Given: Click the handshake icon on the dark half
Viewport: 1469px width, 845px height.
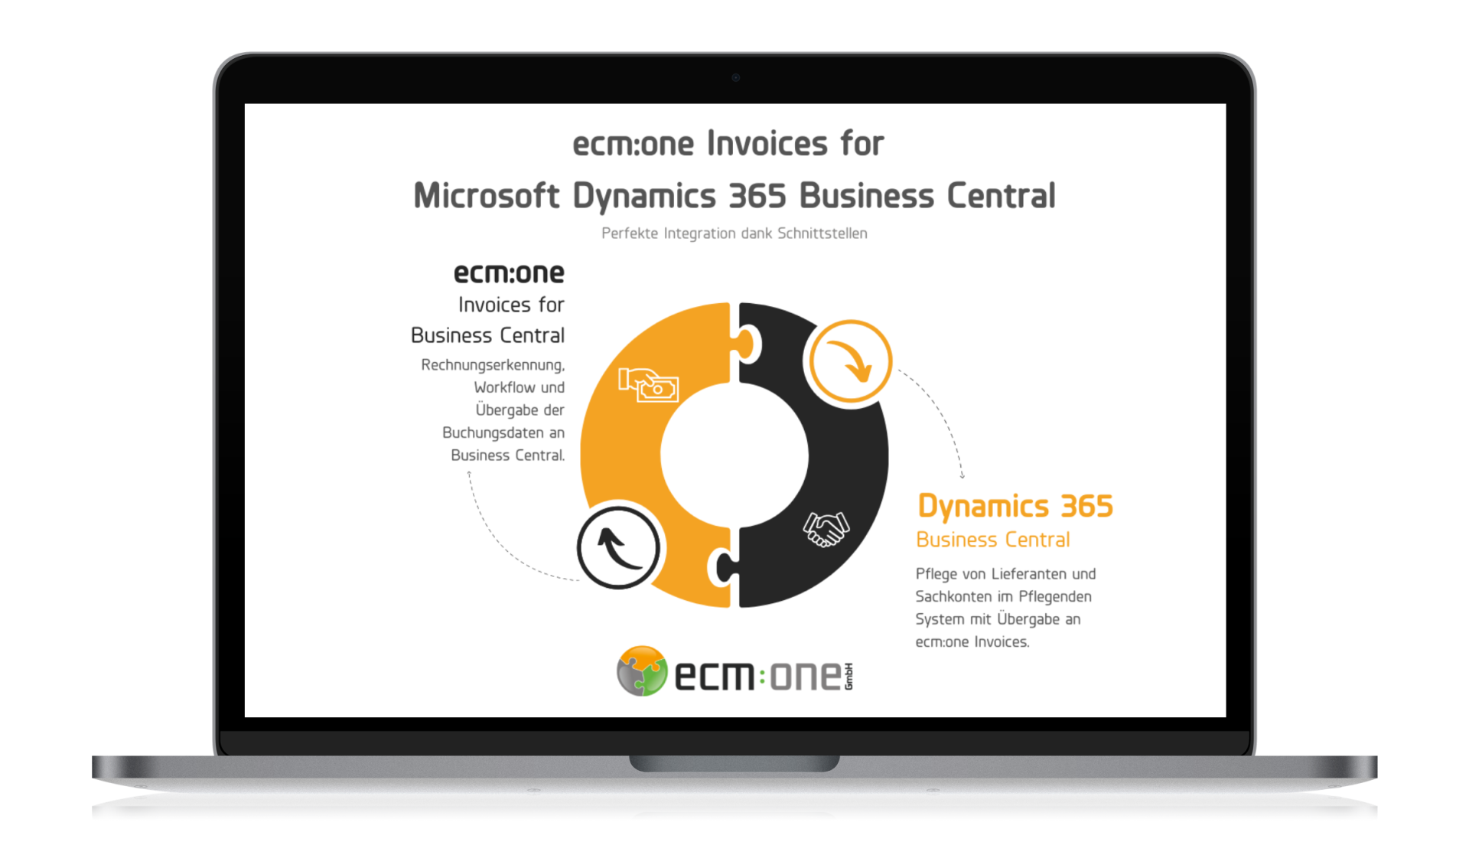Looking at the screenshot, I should click(826, 529).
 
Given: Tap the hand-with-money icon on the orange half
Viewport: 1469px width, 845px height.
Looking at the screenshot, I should click(649, 385).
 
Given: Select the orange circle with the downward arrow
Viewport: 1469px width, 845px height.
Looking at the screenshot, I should click(851, 361).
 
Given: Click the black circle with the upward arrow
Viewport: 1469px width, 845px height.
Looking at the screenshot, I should click(618, 547).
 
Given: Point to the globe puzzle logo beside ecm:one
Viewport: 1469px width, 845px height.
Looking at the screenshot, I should click(642, 671).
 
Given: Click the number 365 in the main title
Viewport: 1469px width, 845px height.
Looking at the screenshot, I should click(757, 196).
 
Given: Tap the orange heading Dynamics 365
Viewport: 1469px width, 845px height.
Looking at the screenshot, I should click(1015, 507).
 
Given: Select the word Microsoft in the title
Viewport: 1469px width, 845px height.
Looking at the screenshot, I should click(487, 196).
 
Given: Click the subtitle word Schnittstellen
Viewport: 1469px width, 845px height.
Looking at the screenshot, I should click(822, 233).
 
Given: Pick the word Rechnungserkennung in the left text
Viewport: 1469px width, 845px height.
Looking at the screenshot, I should click(492, 365).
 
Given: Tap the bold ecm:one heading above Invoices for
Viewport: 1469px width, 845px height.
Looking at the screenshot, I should click(509, 273).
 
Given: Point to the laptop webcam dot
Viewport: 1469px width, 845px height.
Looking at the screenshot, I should click(735, 77).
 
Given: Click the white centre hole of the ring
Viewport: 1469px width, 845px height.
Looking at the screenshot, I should click(734, 456).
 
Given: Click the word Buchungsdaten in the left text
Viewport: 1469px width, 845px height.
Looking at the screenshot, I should click(493, 433).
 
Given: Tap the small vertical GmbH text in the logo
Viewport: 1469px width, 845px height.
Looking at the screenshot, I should click(849, 676).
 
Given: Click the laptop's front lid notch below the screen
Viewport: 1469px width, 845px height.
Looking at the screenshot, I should click(734, 763).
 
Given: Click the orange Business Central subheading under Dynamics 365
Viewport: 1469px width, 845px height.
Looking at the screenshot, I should click(992, 540).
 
